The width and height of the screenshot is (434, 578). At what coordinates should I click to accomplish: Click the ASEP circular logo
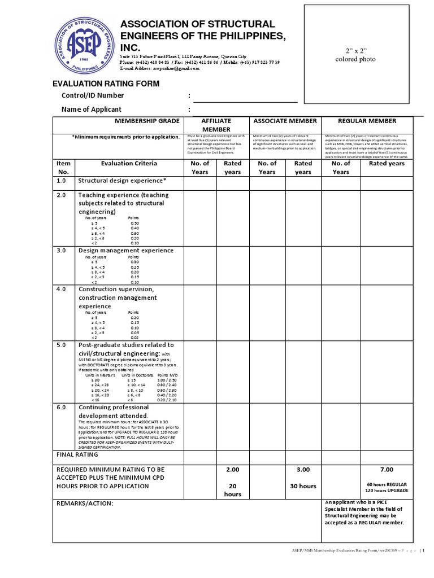(83, 44)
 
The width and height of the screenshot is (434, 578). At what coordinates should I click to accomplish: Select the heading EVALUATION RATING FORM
(106, 84)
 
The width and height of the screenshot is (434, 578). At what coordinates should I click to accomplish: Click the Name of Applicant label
(99, 109)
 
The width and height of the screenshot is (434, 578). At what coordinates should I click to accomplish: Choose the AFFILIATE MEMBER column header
(216, 125)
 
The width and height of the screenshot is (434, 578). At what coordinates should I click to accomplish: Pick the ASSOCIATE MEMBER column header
(285, 121)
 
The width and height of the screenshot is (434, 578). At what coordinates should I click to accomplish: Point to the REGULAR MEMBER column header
(367, 121)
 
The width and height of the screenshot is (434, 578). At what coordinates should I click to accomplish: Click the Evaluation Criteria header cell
(129, 163)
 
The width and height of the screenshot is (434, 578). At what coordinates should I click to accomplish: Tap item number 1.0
(62, 181)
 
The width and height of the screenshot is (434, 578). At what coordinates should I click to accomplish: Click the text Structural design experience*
(122, 181)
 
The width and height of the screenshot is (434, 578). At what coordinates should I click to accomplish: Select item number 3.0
(62, 250)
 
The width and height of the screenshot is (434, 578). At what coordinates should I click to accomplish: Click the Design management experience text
(126, 250)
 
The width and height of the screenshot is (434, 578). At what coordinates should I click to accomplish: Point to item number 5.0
(62, 344)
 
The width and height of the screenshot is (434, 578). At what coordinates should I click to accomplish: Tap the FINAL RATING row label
(77, 454)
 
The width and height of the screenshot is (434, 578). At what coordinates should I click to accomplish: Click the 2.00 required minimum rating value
(233, 469)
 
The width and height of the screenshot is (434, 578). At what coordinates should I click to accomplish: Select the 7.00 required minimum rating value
(387, 469)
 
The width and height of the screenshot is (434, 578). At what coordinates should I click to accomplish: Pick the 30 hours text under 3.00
(303, 486)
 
